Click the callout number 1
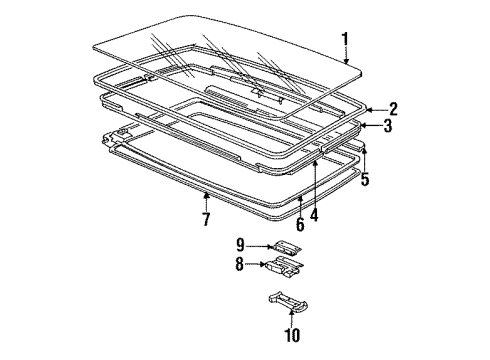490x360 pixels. click(x=345, y=40)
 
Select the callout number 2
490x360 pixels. click(x=394, y=108)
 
